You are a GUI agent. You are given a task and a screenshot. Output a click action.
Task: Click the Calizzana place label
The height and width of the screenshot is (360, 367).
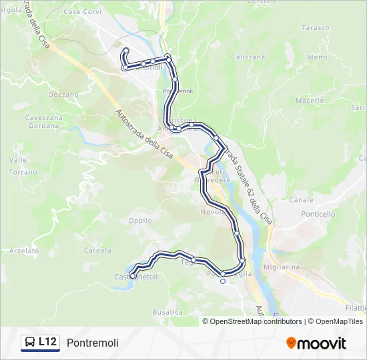tap(248, 57)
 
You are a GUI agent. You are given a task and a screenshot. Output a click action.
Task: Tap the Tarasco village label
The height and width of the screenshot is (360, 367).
tap(316, 28)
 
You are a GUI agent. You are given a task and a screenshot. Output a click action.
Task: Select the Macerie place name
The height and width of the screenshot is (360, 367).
tap(310, 100)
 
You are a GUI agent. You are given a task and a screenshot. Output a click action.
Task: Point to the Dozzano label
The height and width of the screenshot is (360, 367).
tap(63, 95)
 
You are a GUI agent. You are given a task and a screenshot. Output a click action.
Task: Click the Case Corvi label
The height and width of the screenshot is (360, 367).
tap(81, 13)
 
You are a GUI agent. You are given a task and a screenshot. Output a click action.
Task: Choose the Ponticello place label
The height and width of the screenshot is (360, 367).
tap(318, 214)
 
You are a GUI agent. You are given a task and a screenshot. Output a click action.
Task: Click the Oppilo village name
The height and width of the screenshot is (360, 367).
tap(140, 220)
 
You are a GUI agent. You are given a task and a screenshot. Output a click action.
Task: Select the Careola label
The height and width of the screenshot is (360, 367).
tap(97, 251)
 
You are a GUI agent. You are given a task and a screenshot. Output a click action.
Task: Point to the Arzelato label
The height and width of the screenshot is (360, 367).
tap(25, 251)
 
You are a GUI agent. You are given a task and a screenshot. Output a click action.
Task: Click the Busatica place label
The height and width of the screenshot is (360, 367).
tap(167, 312)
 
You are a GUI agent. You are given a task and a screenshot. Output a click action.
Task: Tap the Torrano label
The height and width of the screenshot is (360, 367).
tap(23, 172)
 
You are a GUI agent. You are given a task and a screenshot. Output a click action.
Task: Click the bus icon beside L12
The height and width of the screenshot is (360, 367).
tap(30, 343)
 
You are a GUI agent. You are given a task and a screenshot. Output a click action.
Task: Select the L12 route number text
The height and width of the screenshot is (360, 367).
tap(47, 342)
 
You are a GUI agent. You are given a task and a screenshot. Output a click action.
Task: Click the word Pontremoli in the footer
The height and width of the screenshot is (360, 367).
tap(93, 343)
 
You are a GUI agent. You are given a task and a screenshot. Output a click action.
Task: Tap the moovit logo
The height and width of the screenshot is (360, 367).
tap(316, 343)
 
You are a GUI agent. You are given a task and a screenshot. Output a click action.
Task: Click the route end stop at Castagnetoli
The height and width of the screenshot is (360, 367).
tap(133, 276)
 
